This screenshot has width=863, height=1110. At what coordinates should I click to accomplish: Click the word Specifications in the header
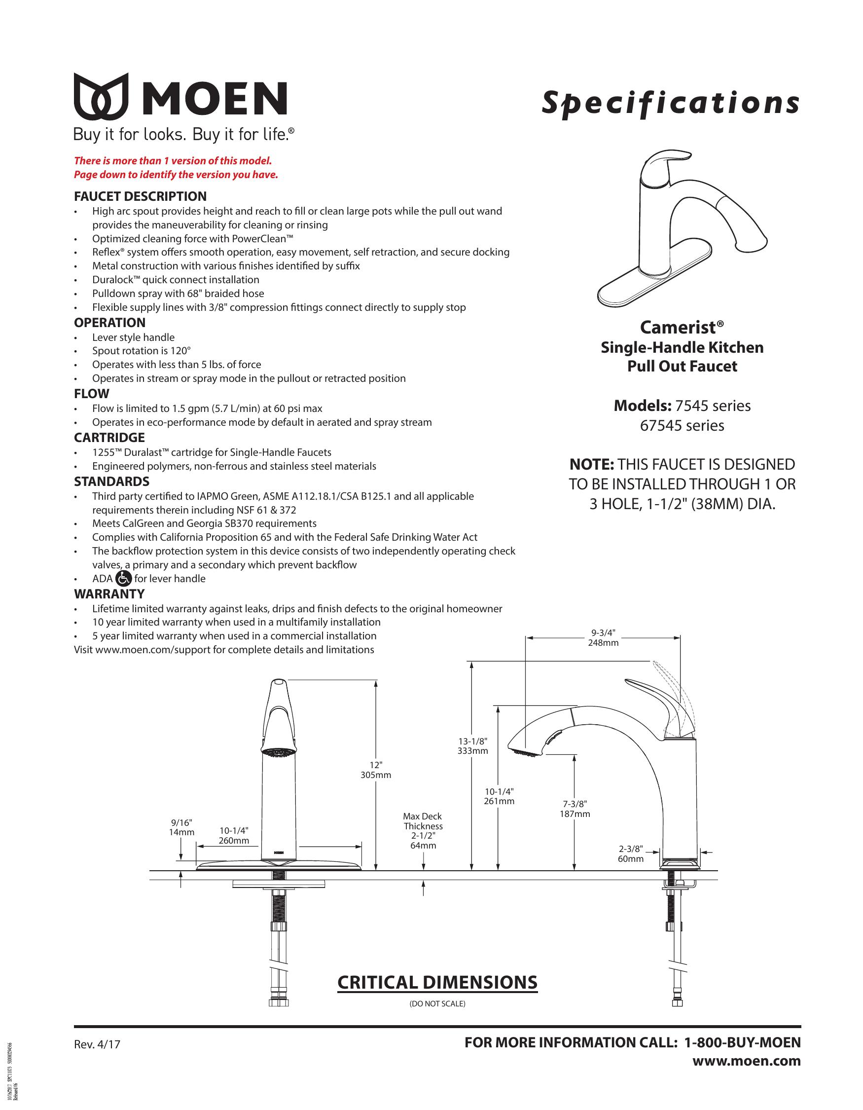click(670, 104)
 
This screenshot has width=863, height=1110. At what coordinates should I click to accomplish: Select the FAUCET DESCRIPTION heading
click(140, 197)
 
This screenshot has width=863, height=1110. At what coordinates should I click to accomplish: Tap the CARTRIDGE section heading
click(109, 438)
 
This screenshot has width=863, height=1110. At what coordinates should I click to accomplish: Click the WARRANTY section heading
click(109, 593)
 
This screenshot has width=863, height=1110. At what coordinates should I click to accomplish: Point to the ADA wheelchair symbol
click(123, 578)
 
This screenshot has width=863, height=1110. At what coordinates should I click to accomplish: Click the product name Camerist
click(681, 327)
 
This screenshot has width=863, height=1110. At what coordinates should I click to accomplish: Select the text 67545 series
click(682, 425)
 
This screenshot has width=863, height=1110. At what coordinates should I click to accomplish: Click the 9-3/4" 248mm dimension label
click(604, 638)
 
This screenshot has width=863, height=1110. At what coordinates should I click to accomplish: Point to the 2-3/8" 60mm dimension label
click(631, 854)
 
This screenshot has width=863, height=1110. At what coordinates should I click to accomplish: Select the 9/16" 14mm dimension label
click(181, 827)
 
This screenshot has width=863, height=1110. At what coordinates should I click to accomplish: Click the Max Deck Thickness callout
click(423, 830)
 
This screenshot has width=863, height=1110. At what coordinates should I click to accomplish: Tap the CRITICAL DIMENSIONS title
click(437, 982)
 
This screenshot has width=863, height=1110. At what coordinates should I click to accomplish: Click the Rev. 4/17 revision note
click(97, 1045)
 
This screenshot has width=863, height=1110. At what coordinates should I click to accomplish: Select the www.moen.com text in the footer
click(747, 1061)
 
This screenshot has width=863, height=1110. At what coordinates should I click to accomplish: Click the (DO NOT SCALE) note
click(437, 1004)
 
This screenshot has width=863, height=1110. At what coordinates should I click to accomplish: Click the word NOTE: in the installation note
click(592, 465)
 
